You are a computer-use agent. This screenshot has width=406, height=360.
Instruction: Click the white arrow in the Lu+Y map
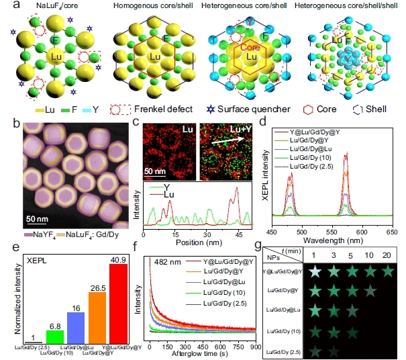[226, 142]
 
